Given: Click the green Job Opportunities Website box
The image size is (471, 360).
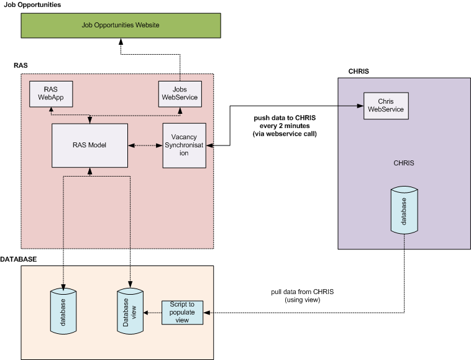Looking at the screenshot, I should coord(121,25).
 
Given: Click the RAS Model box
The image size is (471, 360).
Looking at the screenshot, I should coord(89,145).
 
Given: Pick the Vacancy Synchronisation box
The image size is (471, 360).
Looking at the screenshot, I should coord(184,145).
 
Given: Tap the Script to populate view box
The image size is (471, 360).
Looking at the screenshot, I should coord(182,312).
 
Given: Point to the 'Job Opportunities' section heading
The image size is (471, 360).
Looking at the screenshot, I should coord(33,5).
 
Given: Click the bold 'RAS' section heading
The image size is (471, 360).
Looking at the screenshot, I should coord(21,65).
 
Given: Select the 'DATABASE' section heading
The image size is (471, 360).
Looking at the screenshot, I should coord(19,258).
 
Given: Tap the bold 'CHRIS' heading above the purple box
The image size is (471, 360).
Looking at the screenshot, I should coord(359,72).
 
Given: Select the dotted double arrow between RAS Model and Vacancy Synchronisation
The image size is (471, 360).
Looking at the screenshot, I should coord(145,145).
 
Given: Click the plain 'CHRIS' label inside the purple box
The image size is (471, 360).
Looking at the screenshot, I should coord(404,163).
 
